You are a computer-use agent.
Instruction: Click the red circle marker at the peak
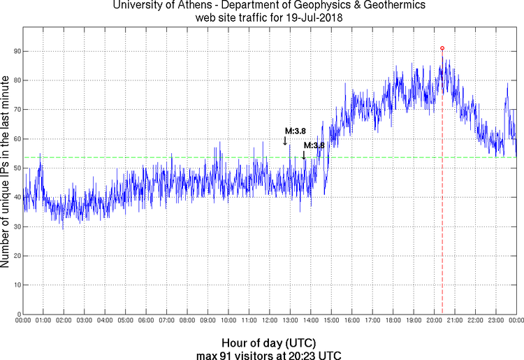(x=442, y=48)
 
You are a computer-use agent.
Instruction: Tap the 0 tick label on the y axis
(x=18, y=314)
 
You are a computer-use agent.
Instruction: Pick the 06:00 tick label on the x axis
(x=146, y=320)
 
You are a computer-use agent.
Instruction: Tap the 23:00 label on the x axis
(x=496, y=320)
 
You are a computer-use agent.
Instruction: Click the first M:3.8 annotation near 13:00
(x=292, y=130)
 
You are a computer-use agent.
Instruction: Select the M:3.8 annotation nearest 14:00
(x=313, y=145)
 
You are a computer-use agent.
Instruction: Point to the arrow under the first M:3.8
(x=285, y=141)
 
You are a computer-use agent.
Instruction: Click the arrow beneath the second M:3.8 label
(x=303, y=154)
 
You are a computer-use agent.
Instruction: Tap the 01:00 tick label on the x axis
(x=43, y=320)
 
